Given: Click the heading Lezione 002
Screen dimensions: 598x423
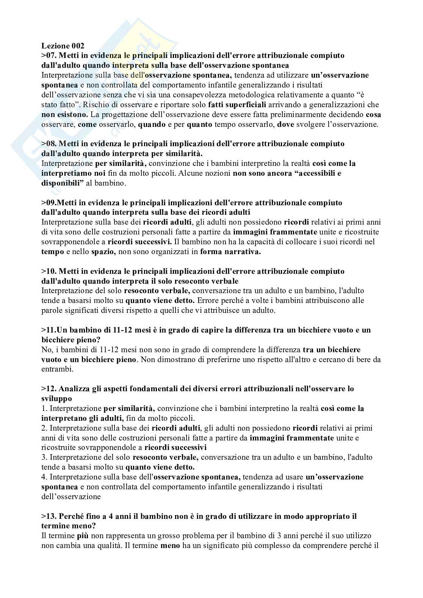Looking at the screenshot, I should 63,46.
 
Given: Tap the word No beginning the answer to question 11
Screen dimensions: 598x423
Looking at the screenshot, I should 46,350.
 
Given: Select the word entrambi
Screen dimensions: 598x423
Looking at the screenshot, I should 55,369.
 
